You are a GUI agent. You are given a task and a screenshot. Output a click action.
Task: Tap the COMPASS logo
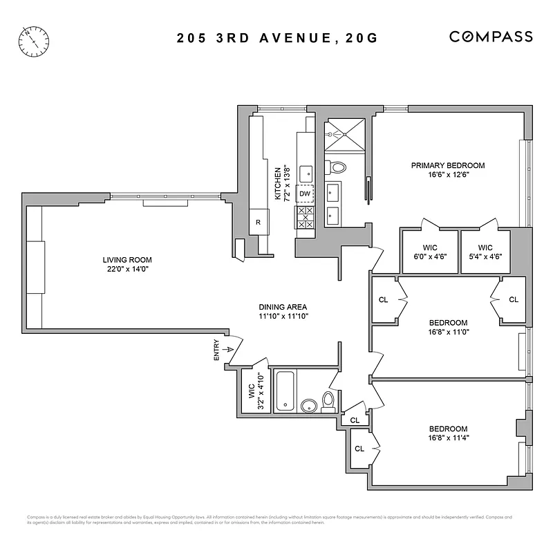point(491,37)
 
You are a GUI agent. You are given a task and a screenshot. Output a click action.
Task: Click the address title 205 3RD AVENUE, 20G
point(276,37)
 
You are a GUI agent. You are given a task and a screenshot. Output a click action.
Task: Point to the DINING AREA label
point(283,307)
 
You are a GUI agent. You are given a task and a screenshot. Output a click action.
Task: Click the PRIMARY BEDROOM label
point(447,165)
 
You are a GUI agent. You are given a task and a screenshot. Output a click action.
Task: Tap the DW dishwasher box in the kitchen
point(305,194)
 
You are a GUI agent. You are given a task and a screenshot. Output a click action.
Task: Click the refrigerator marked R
point(258,222)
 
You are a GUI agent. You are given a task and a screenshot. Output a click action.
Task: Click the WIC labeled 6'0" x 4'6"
point(429,251)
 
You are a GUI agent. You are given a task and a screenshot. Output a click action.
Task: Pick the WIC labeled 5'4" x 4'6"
point(485,251)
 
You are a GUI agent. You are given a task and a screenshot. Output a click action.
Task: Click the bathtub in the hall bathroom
point(286,392)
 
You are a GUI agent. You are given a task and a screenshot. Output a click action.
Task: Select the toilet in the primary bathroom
point(337,167)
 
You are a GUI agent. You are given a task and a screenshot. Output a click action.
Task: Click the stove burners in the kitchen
point(305,217)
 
